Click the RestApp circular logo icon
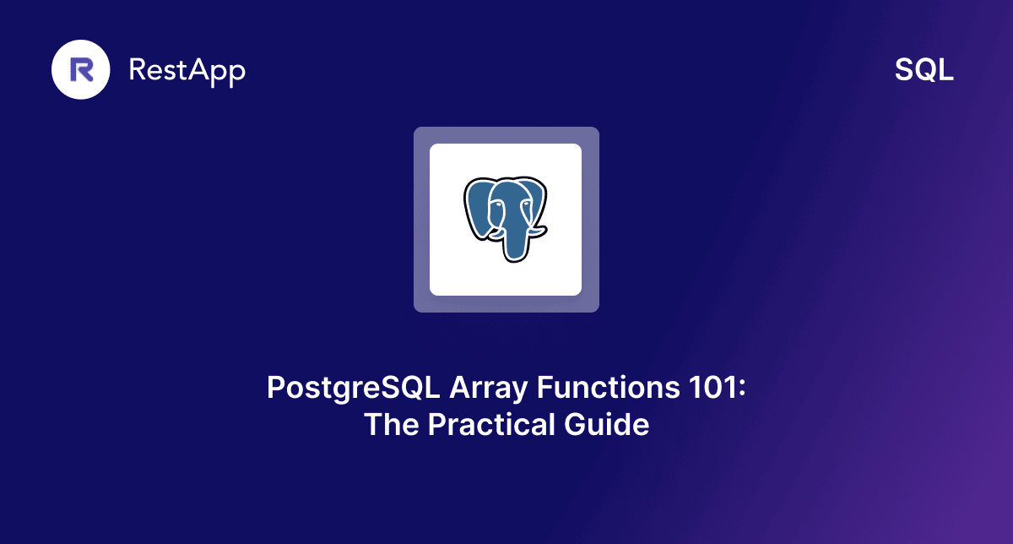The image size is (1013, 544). click(81, 70)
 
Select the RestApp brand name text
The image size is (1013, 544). click(187, 71)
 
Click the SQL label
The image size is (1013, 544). click(924, 71)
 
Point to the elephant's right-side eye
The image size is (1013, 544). click(525, 203)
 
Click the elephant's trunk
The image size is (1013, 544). click(513, 241)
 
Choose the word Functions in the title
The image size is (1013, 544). click(602, 389)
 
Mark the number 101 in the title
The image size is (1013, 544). click(708, 389)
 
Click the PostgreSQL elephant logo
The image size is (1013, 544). click(506, 219)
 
